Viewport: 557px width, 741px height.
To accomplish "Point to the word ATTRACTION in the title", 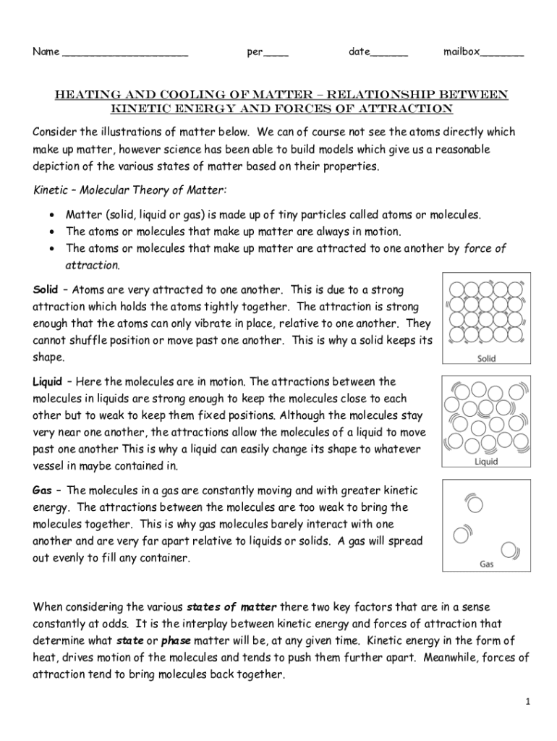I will click(409, 109).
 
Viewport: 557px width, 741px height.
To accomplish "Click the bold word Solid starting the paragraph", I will click(46, 289).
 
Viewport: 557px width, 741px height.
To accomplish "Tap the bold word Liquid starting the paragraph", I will click(48, 381).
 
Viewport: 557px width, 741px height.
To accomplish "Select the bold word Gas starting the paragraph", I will click(42, 490).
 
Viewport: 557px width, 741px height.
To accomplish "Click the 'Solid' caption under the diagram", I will click(486, 358).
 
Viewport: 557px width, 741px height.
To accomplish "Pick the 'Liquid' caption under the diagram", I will click(486, 461).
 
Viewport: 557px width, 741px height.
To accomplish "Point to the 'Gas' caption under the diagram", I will click(486, 564).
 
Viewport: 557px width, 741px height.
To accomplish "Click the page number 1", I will click(529, 702).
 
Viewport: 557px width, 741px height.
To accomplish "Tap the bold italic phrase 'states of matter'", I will click(231, 606).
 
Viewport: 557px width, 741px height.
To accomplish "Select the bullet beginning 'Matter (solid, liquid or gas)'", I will click(273, 215).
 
